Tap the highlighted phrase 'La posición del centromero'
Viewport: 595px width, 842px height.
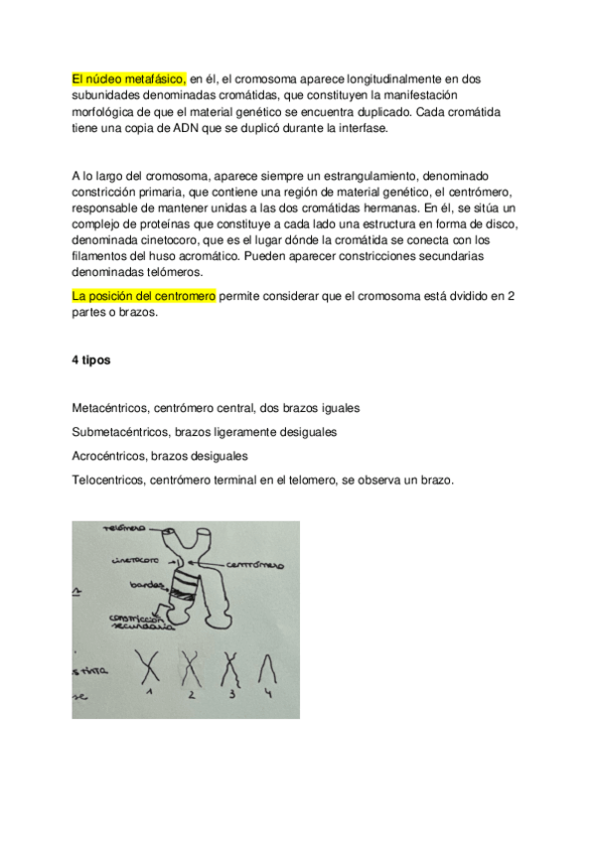pos(144,297)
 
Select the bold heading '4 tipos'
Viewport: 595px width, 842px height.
pos(90,360)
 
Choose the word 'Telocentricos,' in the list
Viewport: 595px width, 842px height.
pos(109,480)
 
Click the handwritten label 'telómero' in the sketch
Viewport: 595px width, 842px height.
pos(122,528)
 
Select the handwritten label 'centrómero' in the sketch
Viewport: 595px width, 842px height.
pos(255,564)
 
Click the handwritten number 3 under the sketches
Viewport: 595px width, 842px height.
pos(231,695)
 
